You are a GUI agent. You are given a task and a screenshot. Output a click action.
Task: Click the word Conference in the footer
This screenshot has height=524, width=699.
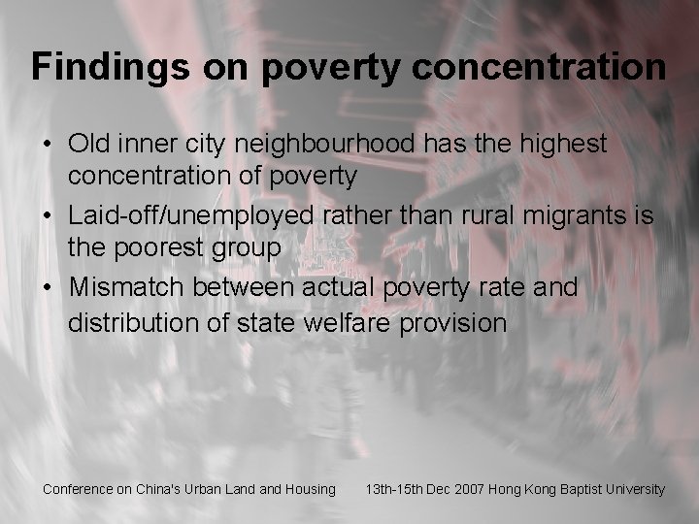(78, 489)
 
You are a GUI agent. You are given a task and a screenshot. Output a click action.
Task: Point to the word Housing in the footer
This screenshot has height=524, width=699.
(310, 489)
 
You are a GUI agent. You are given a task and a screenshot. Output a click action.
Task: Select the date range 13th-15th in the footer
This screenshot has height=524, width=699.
(396, 489)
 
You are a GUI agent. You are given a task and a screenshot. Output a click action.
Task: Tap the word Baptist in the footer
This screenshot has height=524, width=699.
(578, 489)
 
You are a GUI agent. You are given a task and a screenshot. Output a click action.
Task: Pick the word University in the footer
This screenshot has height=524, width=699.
(635, 489)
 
